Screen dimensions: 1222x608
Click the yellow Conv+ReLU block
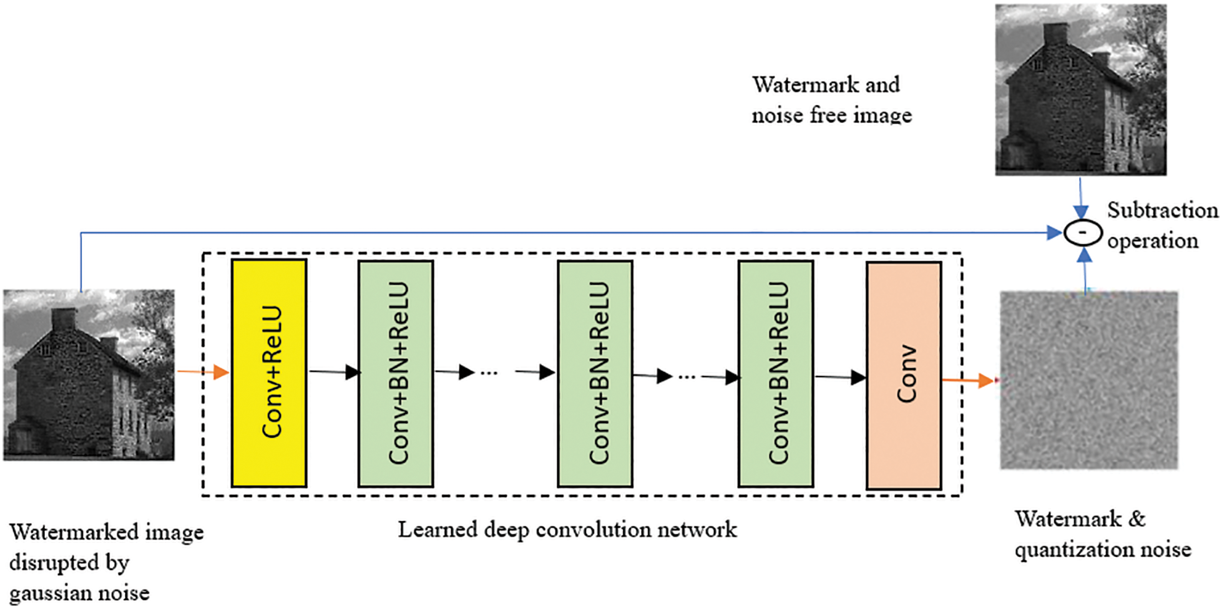[x=269, y=373]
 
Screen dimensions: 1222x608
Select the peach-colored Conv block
[x=904, y=375]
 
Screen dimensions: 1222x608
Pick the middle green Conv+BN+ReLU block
[x=595, y=374]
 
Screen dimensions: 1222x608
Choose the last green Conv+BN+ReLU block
[x=776, y=374]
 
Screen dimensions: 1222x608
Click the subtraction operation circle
[x=1083, y=233]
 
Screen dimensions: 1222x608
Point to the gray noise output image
[x=1089, y=380]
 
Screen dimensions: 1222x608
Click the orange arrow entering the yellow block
[x=203, y=372]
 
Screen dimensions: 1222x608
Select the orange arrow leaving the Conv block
[x=968, y=380]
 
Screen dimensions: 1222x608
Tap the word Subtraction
[x=1163, y=210]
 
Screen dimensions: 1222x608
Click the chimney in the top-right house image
[x=1055, y=34]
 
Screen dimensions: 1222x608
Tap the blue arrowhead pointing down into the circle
[x=1081, y=212]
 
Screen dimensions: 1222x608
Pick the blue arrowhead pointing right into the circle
[x=1055, y=233]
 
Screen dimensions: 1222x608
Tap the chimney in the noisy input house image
[x=63, y=320]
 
